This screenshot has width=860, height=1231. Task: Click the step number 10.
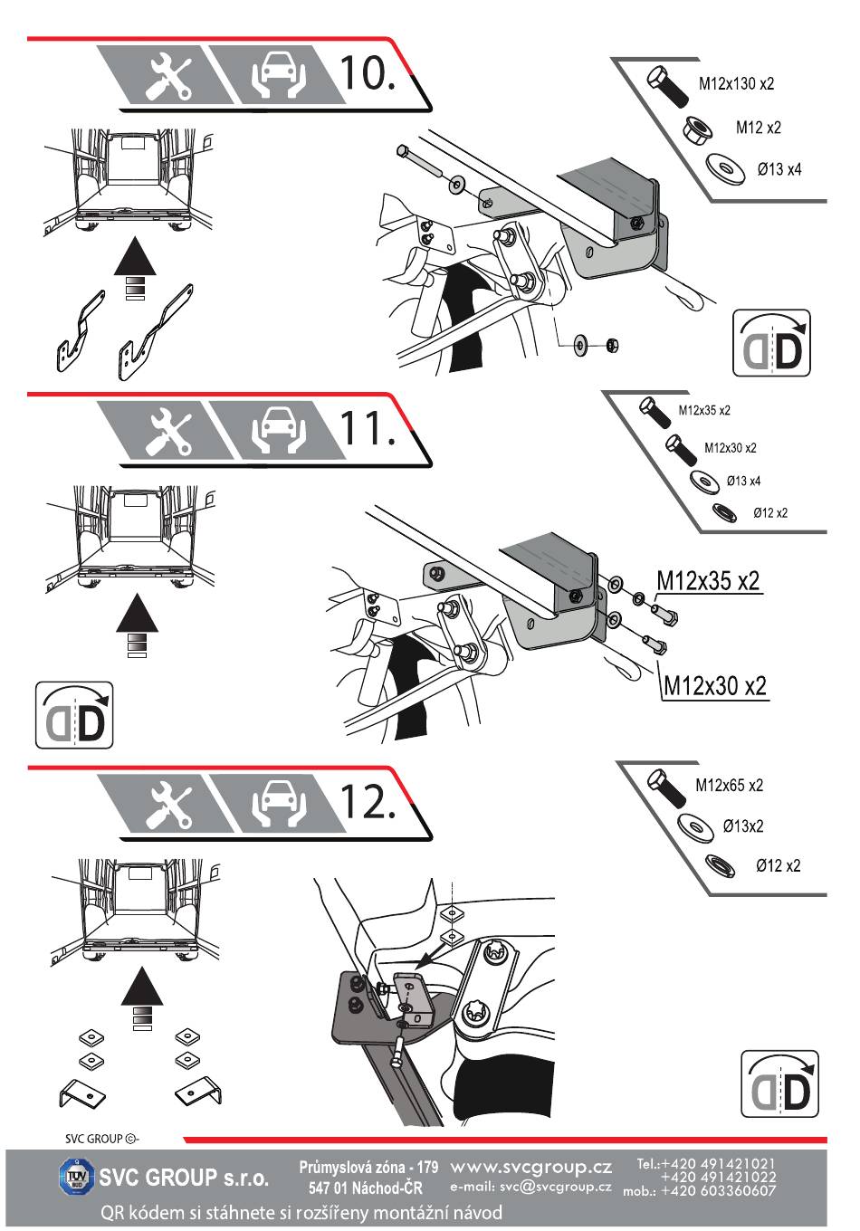click(x=366, y=72)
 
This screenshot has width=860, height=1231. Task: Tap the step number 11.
click(x=366, y=426)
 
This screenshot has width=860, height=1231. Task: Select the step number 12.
click(x=366, y=800)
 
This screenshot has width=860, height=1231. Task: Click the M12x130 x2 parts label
click(x=736, y=84)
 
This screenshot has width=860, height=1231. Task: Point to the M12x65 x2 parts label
click(x=729, y=786)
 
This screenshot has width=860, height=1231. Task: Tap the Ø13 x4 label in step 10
click(x=779, y=169)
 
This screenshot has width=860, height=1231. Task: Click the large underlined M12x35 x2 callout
click(x=708, y=581)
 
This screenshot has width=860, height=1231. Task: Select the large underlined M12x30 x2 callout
click(x=715, y=685)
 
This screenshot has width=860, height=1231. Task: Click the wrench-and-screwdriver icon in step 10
click(x=169, y=73)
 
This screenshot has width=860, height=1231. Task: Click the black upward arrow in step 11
click(x=137, y=613)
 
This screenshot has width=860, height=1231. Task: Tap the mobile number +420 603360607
click(x=719, y=1191)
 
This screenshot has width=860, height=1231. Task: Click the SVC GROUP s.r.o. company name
click(x=184, y=1178)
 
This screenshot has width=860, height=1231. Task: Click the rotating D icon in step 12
click(x=779, y=1083)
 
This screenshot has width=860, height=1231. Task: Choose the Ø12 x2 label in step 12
click(x=778, y=866)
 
